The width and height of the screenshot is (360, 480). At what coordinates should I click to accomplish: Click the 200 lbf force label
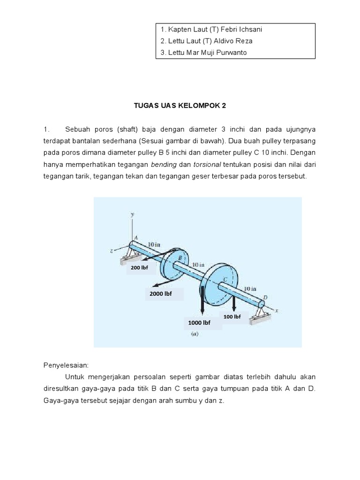pos(139,268)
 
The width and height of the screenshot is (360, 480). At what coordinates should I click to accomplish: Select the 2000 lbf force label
pos(161,294)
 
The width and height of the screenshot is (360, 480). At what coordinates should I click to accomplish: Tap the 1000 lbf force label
pos(199,323)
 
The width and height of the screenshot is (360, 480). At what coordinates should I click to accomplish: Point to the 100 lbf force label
pos(232,317)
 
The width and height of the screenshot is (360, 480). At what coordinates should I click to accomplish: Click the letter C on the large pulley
pos(225,280)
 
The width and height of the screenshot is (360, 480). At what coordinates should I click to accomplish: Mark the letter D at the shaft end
pos(266,297)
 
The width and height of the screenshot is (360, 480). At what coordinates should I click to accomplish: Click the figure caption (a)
pos(194,335)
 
